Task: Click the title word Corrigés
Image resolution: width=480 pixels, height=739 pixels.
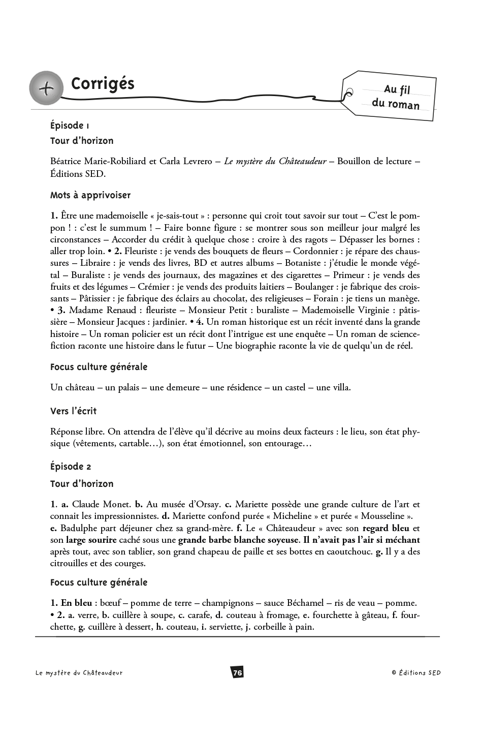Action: pos(103,84)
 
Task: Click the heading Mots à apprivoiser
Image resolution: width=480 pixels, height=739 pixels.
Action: pos(90,195)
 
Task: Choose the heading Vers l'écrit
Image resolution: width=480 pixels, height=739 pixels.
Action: pos(73,411)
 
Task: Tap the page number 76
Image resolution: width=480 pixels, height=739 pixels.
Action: pos(237,672)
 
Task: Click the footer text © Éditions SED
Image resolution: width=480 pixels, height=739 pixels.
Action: pos(416,672)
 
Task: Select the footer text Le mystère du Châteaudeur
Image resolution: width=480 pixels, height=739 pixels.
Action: pos(79,672)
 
